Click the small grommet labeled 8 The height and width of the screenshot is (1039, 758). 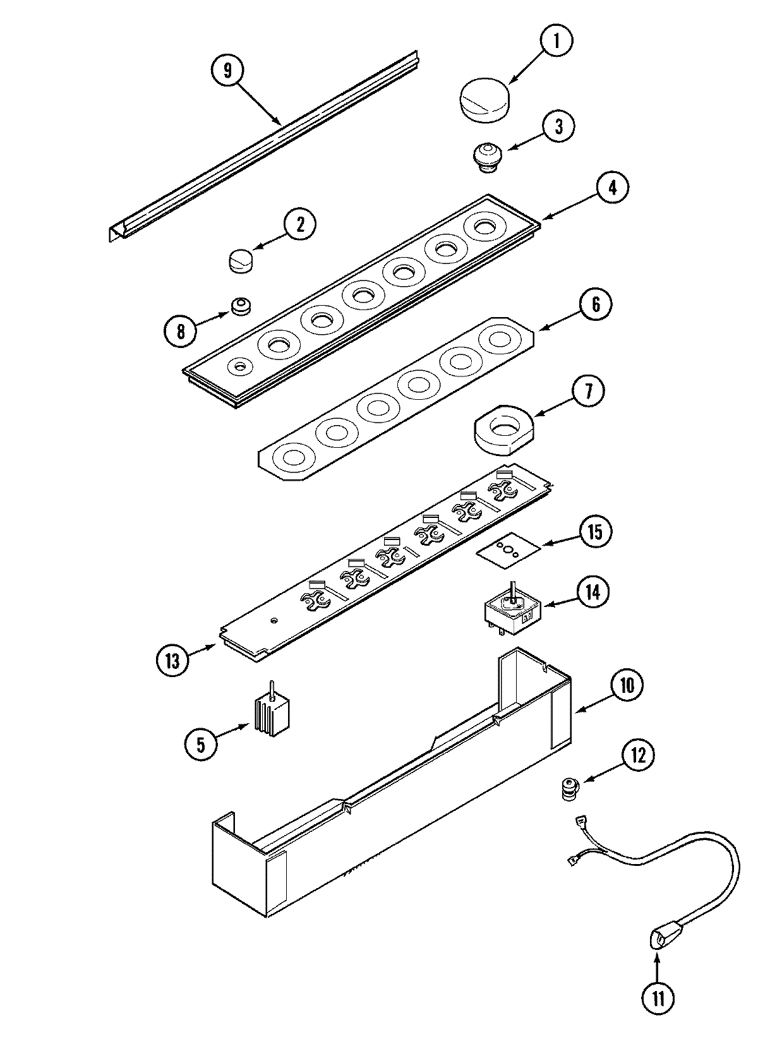[240, 307]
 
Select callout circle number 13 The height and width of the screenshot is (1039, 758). [173, 661]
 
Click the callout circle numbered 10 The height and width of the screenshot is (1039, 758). [625, 686]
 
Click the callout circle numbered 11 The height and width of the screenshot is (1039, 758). [657, 999]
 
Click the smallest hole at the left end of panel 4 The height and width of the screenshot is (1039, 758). [240, 366]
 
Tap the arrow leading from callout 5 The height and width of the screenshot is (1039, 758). [233, 734]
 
